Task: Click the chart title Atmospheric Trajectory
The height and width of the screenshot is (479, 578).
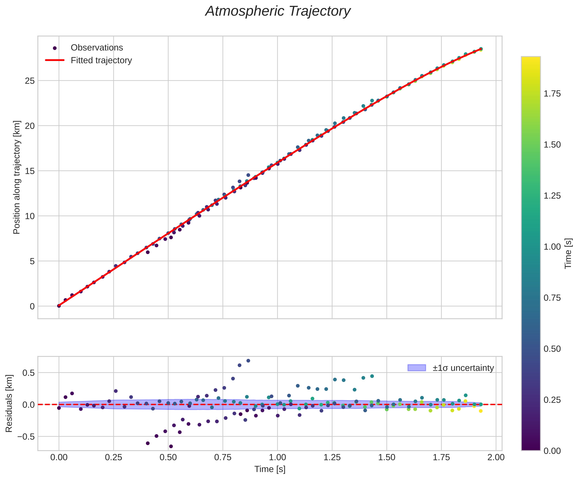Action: coord(278,12)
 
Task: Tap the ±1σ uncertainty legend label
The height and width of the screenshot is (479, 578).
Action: coord(463,368)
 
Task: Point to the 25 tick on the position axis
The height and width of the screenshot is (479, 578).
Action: coord(30,81)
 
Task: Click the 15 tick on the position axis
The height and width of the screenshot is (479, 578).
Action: coord(30,171)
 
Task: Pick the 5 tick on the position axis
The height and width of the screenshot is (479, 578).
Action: coord(32,261)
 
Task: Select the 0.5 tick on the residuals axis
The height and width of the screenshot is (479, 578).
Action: coord(28,373)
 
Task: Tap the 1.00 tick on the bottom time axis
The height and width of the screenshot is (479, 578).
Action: coord(277,457)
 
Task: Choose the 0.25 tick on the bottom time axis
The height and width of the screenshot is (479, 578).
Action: coord(113,457)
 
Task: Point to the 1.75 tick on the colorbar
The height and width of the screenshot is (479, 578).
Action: coord(552,94)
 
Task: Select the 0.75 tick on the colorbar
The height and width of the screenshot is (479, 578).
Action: coord(552,298)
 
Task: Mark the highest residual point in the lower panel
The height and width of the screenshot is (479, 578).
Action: coord(248,361)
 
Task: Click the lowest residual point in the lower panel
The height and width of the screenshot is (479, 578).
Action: coord(171,446)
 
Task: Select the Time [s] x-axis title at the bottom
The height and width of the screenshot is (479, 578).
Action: coord(270,469)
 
